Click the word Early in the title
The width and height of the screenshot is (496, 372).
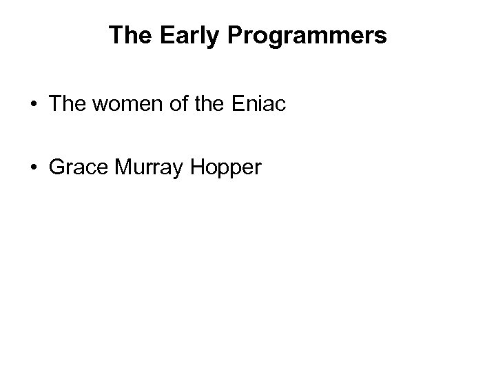[177, 36]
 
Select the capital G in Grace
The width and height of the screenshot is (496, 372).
[55, 167]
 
